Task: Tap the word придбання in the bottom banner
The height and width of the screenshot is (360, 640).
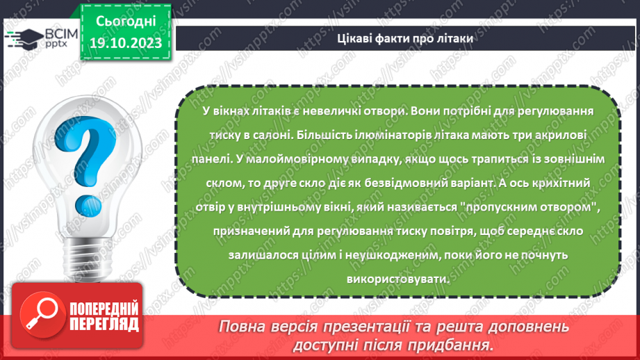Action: click(457, 345)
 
